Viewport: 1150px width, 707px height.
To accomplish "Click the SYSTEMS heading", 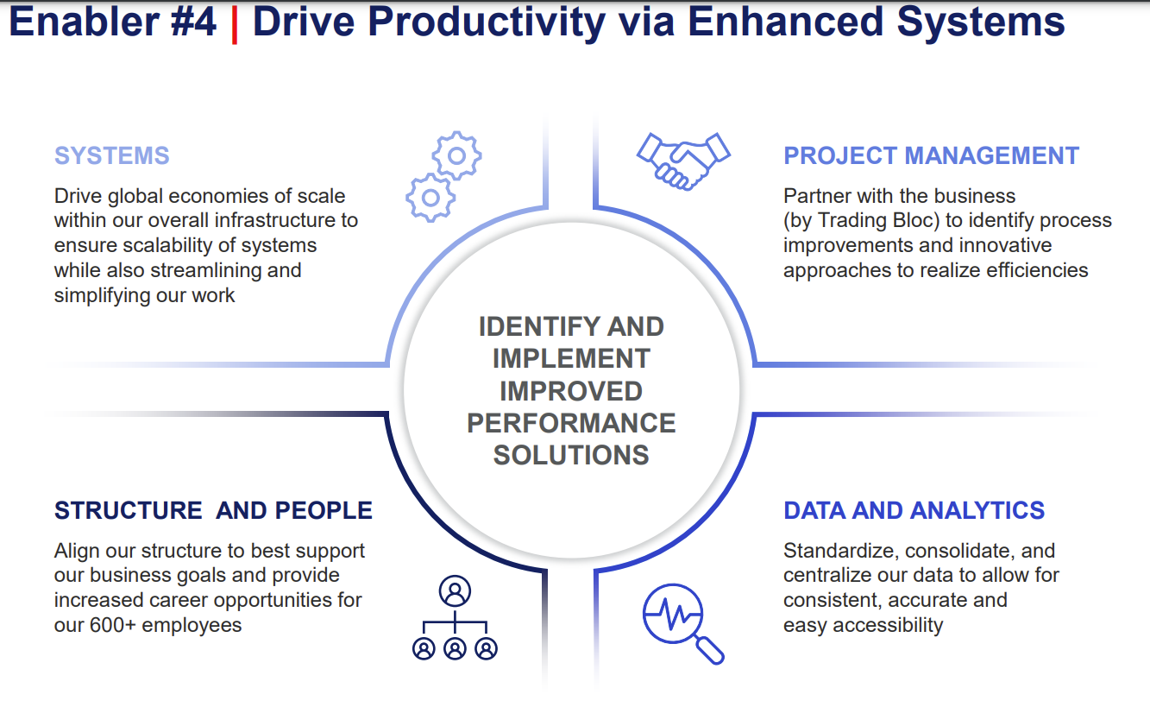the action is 112,155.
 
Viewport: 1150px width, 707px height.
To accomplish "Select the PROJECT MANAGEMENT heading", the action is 931,155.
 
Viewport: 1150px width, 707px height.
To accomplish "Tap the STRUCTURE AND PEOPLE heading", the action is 213,510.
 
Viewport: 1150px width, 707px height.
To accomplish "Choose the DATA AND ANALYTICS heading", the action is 914,510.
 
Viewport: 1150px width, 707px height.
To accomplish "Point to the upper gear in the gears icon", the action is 456,155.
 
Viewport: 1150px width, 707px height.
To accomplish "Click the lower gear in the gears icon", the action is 430,198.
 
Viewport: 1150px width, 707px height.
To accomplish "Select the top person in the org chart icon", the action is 455,590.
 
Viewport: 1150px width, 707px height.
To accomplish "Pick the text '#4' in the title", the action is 193,22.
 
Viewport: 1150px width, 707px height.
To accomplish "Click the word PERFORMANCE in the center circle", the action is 571,423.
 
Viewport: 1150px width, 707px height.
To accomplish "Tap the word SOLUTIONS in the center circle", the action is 571,455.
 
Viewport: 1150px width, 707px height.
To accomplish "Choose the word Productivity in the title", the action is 487,23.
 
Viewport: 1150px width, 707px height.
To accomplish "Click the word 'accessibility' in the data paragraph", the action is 888,626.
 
